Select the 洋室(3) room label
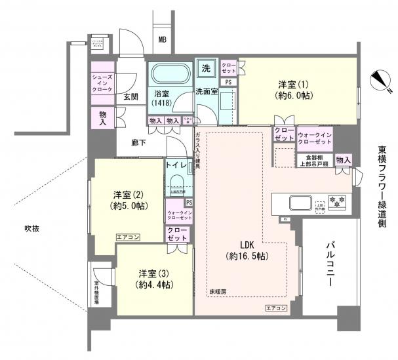click(x=155, y=279)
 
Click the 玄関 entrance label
click(x=130, y=97)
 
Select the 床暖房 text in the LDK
click(x=218, y=291)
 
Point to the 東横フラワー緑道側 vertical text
click(x=383, y=188)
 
